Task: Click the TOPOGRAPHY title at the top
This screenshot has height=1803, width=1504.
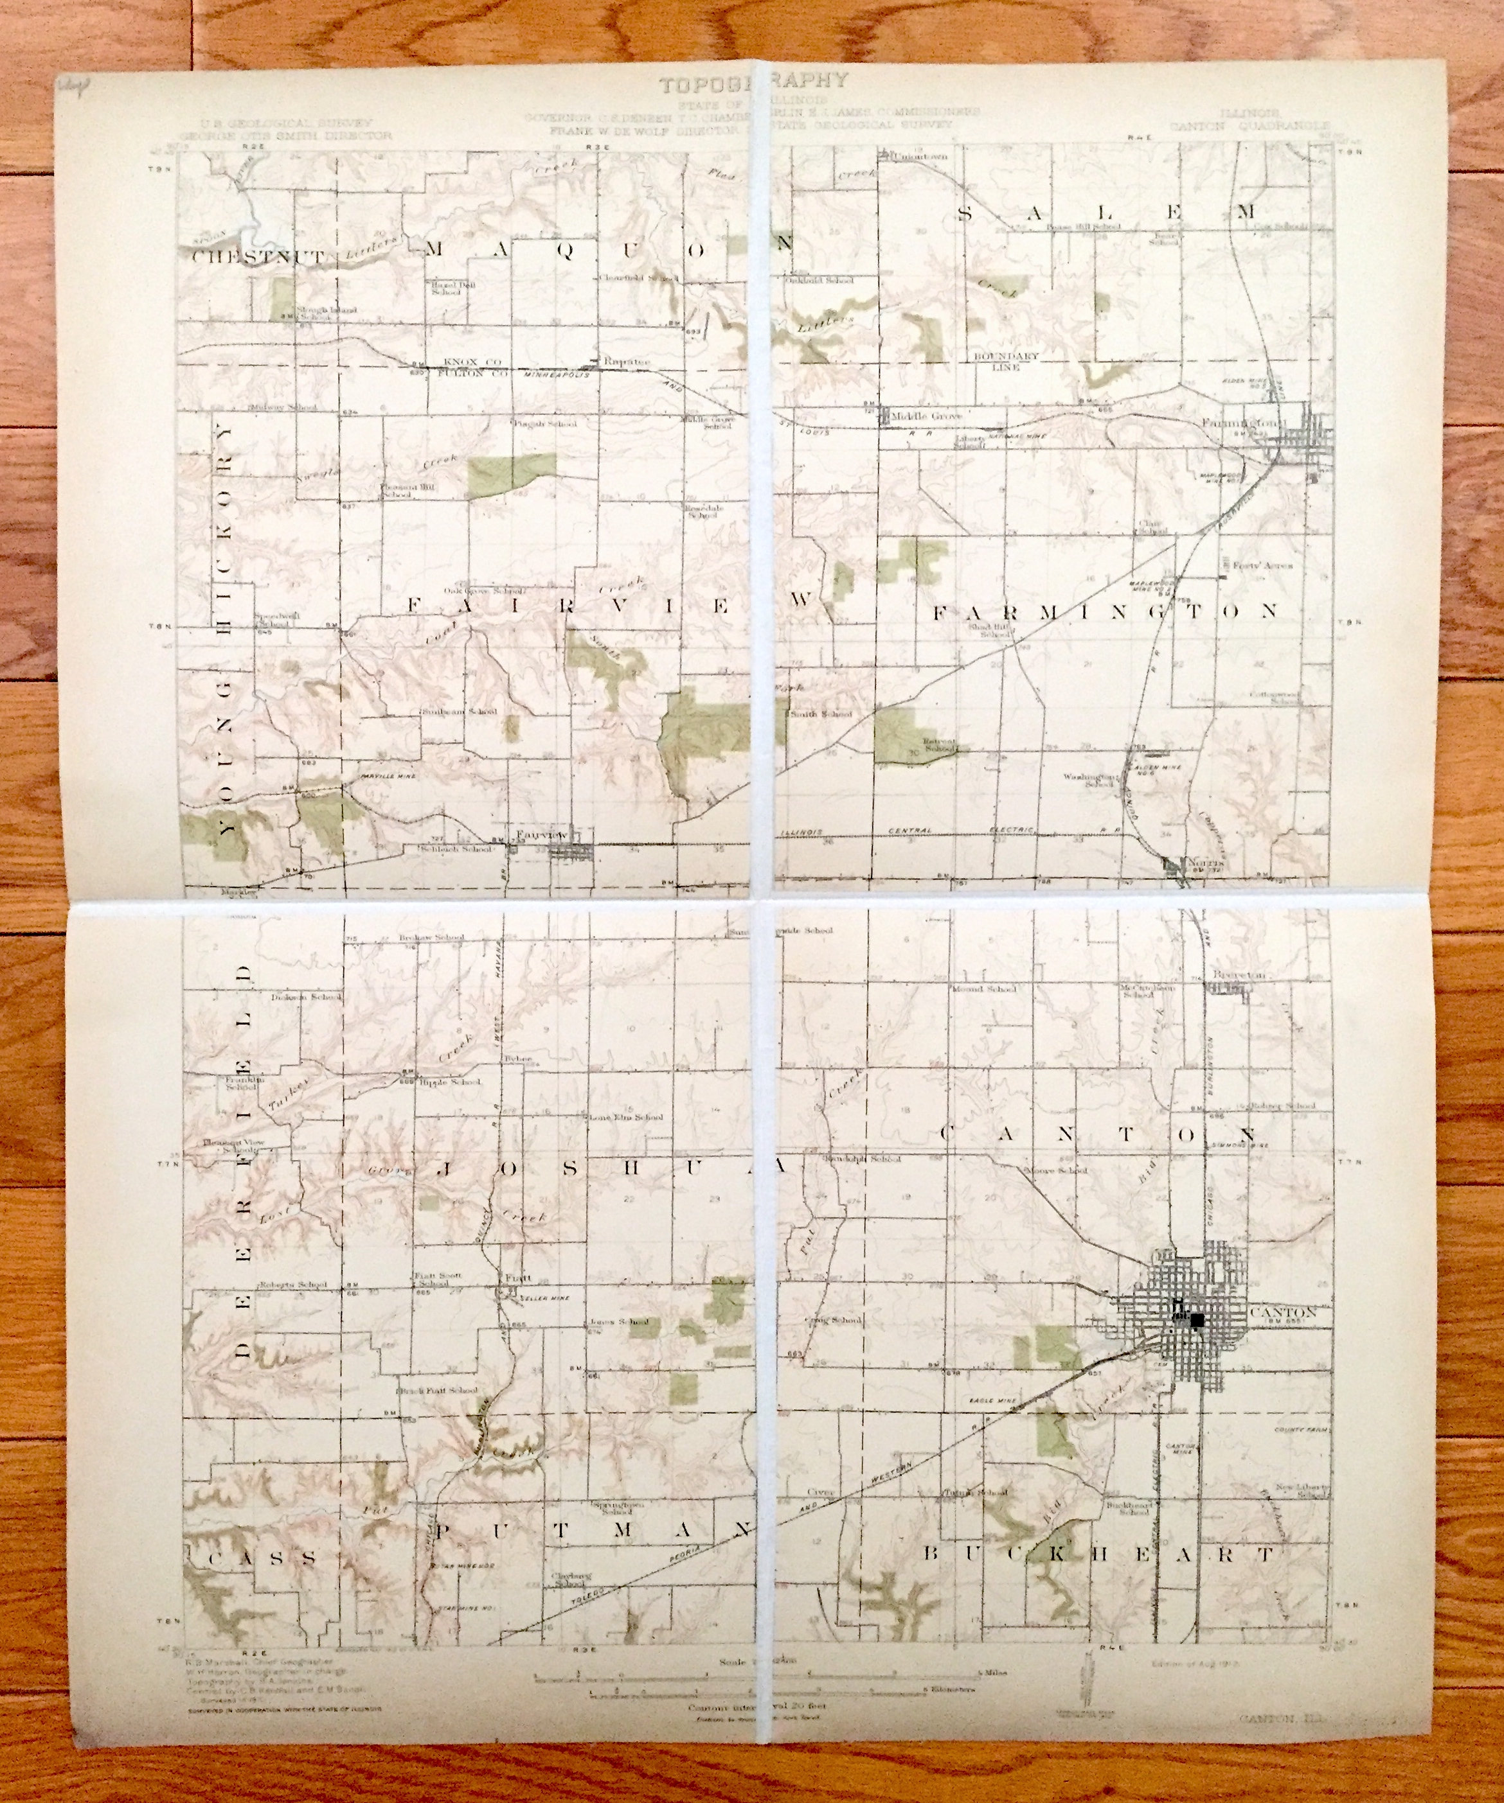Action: (753, 84)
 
